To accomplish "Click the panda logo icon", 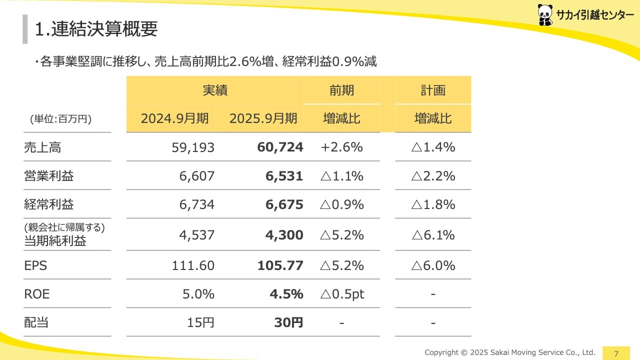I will (x=545, y=14).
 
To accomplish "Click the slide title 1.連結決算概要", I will (x=96, y=29).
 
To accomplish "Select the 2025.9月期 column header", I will (x=263, y=118).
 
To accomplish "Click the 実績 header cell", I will (x=215, y=90).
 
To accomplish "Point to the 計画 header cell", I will (x=432, y=90).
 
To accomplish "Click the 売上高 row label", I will (x=42, y=147).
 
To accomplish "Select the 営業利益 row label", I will (x=49, y=176).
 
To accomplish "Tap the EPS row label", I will (x=35, y=265).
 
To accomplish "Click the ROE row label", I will (x=37, y=294).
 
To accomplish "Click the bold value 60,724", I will (x=280, y=147).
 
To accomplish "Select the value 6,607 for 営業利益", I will (x=197, y=176).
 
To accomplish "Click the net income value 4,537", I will (x=197, y=235).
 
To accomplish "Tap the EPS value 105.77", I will (x=280, y=265).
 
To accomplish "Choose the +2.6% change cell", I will (x=341, y=147).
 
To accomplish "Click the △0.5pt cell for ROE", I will (x=341, y=294).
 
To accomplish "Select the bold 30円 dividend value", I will (x=288, y=322).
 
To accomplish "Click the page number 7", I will (x=616, y=353).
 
